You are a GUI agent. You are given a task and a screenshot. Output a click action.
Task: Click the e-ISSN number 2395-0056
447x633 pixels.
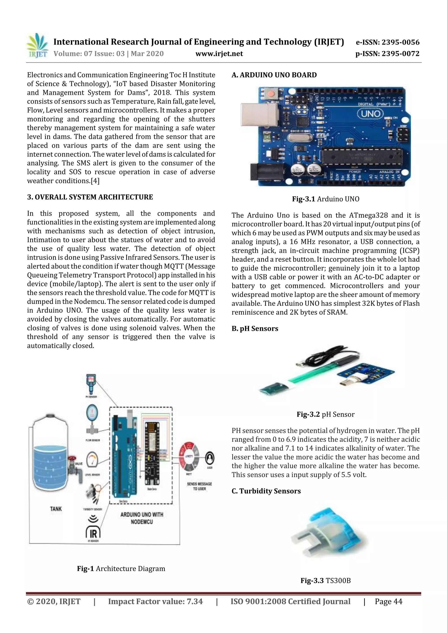click(x=387, y=42)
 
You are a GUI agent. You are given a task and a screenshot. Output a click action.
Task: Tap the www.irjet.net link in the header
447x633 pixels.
click(x=219, y=54)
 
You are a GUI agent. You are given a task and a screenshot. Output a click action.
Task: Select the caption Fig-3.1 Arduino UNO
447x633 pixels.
click(x=326, y=199)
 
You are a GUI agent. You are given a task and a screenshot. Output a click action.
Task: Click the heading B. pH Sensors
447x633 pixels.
click(x=255, y=329)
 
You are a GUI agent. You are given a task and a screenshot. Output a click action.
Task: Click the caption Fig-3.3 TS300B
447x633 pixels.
click(x=326, y=581)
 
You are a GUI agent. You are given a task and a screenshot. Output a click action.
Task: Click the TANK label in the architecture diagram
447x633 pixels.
click(x=56, y=509)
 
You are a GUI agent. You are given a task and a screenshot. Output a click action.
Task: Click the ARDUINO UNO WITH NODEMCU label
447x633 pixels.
click(x=142, y=518)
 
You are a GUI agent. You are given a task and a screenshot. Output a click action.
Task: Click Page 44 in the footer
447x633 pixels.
click(x=388, y=602)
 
